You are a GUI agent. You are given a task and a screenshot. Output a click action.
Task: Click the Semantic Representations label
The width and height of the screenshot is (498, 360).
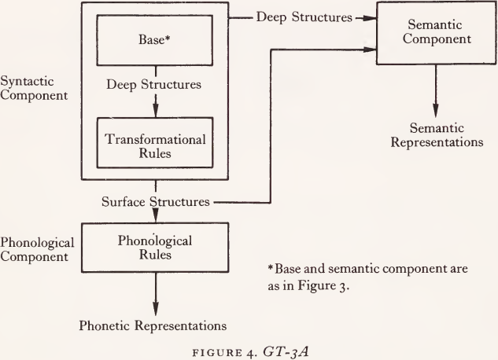point(436,135)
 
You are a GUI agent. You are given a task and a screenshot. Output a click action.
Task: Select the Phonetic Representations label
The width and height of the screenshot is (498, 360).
point(153,324)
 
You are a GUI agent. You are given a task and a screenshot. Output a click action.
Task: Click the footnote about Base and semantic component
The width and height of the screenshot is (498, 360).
point(368,275)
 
